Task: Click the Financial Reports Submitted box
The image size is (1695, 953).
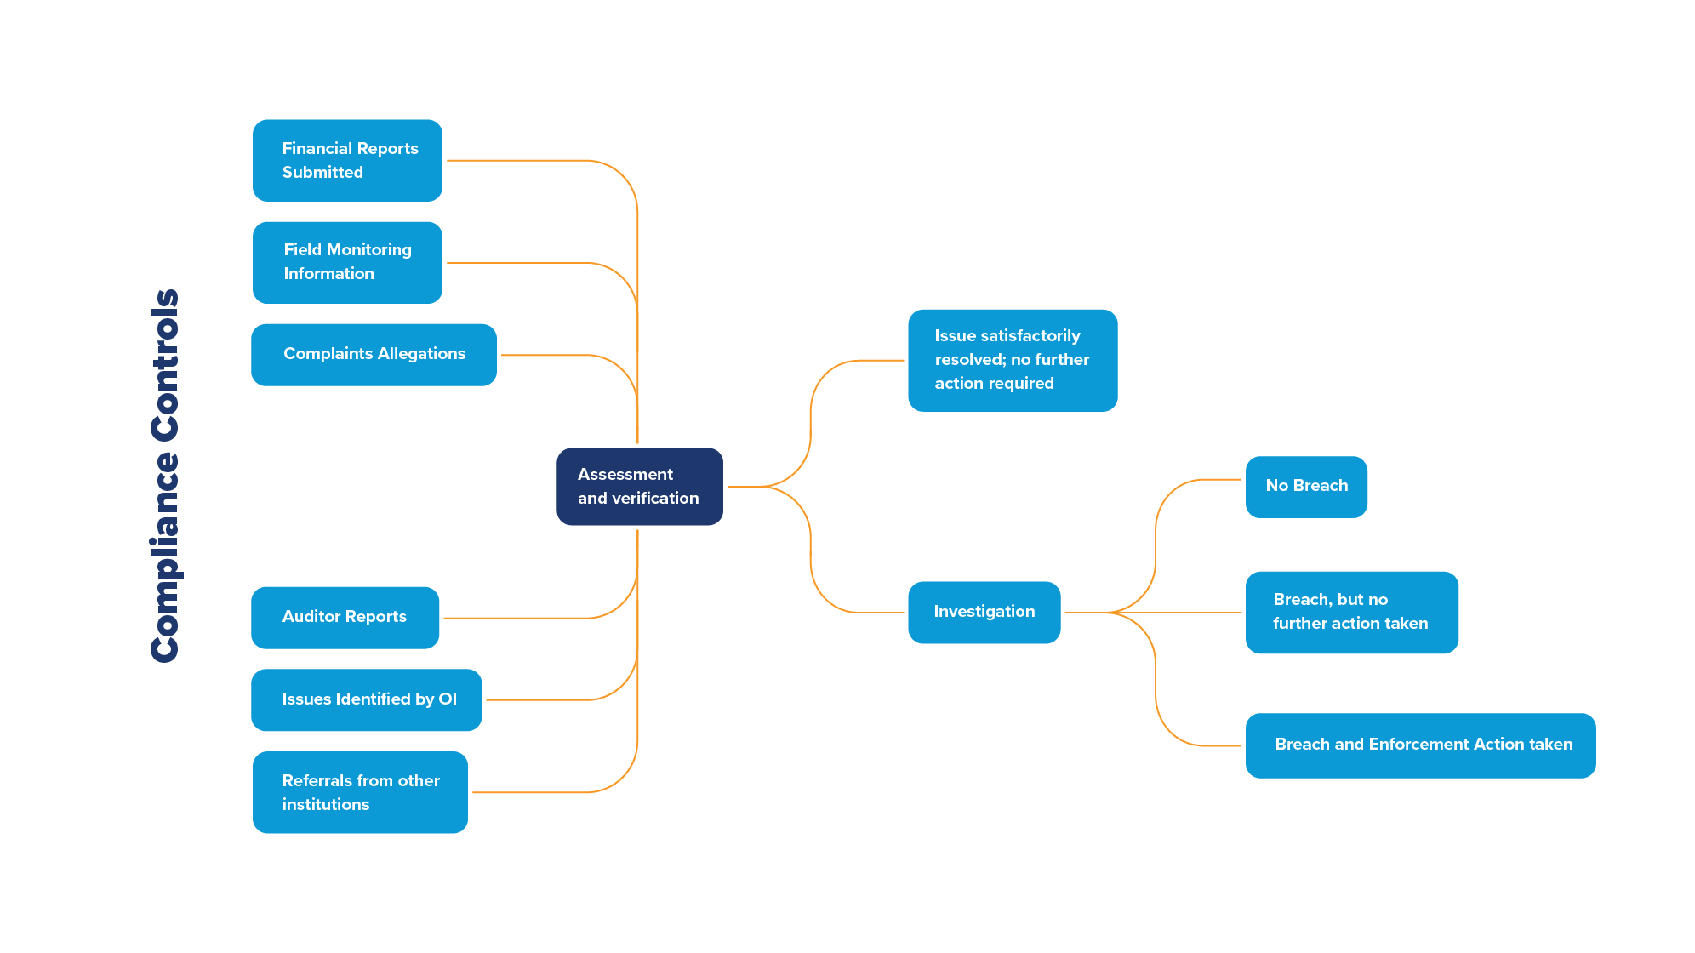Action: [x=347, y=161]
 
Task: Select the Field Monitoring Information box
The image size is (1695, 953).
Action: [x=347, y=263]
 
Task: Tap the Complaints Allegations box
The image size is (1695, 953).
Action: [x=374, y=355]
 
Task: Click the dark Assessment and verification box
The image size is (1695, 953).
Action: [x=639, y=487]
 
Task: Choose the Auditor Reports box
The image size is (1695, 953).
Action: [x=345, y=618]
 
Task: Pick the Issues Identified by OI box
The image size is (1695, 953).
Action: [x=366, y=699]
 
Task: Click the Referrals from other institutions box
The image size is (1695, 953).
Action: [x=360, y=792]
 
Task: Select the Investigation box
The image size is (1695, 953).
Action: [x=984, y=613]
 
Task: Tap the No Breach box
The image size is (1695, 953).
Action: [x=1306, y=487]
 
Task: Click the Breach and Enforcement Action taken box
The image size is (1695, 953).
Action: [x=1420, y=745]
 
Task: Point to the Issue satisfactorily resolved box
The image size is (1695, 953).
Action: [x=1013, y=361]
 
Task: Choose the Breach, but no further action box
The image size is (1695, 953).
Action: [x=1351, y=613]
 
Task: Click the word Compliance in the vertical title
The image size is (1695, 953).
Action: [x=165, y=557]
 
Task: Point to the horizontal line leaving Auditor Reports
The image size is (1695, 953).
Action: [x=511, y=619]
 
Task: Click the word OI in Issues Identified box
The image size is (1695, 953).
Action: [x=448, y=699]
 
